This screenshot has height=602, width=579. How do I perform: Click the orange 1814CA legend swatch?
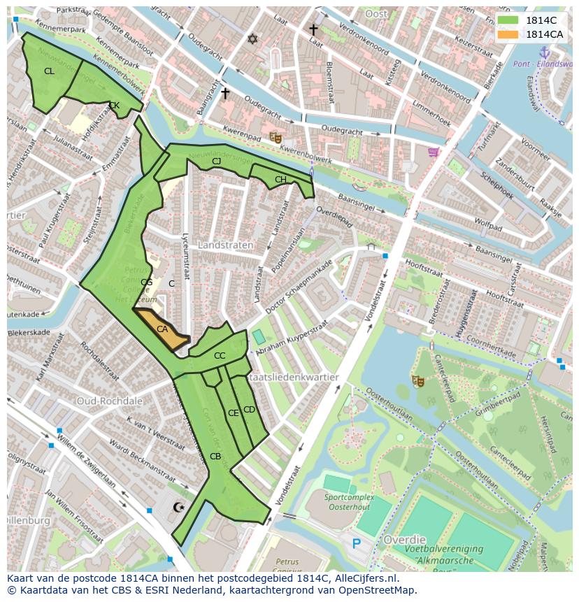tap(509, 34)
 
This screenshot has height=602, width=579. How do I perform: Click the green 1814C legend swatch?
tap(509, 20)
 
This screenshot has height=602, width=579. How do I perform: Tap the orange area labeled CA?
tap(162, 329)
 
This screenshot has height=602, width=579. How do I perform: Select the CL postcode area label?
tap(49, 71)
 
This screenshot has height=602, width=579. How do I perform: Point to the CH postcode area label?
tap(280, 180)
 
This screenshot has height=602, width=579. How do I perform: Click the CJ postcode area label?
tap(217, 162)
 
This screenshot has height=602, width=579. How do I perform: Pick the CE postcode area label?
tap(234, 413)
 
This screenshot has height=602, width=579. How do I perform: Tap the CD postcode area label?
tap(249, 409)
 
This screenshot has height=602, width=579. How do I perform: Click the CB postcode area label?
tap(215, 457)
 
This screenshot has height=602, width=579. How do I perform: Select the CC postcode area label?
tap(220, 356)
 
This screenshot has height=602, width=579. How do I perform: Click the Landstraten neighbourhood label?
tap(225, 245)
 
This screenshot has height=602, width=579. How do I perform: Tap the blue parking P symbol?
tap(357, 543)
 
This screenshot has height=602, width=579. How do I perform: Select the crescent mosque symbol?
tap(180, 507)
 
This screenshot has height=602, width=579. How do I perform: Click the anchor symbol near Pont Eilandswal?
tap(545, 52)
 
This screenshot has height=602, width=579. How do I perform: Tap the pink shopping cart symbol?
tap(434, 152)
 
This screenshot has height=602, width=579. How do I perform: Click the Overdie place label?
tap(404, 540)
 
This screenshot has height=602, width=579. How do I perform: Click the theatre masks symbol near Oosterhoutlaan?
tap(418, 381)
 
